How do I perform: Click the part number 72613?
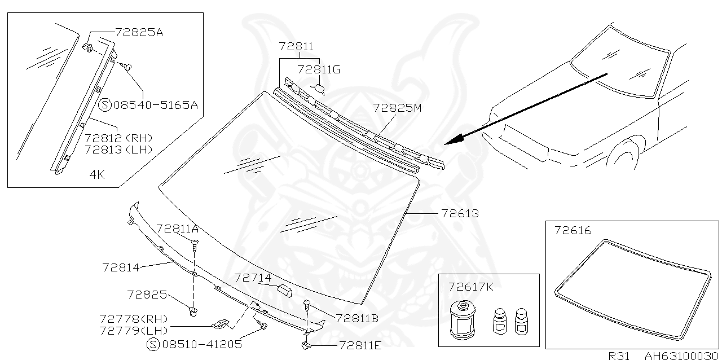click(x=460, y=214)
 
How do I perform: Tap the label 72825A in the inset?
click(x=139, y=32)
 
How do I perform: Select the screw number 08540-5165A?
click(x=156, y=104)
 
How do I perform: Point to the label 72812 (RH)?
click(x=118, y=138)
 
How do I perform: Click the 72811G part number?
click(x=319, y=70)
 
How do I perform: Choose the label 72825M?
click(x=397, y=107)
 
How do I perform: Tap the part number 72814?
click(x=121, y=267)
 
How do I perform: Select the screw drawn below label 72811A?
click(x=195, y=245)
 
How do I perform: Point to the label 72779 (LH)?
click(x=133, y=330)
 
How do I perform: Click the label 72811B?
click(x=356, y=318)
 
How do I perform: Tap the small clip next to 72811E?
click(x=306, y=344)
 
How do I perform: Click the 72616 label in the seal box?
click(x=573, y=230)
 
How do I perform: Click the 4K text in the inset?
click(x=97, y=174)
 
